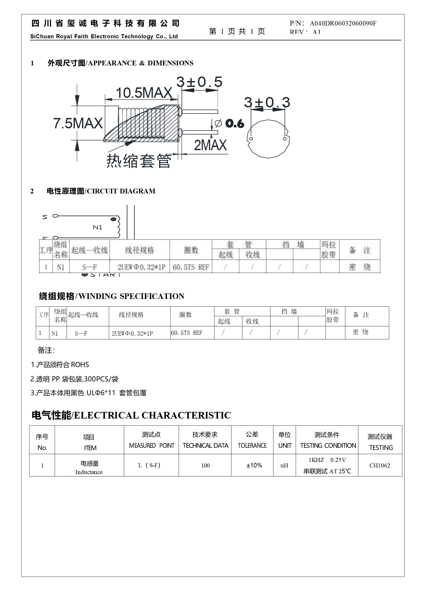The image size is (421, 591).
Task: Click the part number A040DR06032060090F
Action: point(343,23)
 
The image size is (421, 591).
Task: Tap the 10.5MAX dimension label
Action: point(144,93)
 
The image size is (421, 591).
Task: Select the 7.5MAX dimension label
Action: point(78,123)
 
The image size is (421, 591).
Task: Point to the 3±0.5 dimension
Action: point(199,82)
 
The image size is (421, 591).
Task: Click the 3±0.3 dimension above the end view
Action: point(267,102)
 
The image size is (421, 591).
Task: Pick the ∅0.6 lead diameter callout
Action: point(230,124)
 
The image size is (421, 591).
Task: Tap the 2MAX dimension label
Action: point(210,145)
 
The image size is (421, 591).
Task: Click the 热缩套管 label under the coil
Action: point(139,161)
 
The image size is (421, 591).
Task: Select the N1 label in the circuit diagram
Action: point(97,227)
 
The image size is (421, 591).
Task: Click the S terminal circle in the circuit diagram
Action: point(55,216)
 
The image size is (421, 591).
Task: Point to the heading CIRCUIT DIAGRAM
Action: point(121,191)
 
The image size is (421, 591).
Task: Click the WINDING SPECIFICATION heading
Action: point(131,296)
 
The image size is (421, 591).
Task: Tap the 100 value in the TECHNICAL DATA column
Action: point(205,465)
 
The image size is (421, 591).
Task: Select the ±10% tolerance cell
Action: point(254,465)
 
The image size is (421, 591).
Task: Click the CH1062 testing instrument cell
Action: point(380,465)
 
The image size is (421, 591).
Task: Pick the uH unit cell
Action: point(284,465)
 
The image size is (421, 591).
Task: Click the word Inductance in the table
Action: point(89,472)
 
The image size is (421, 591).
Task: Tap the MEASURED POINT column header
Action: point(152,446)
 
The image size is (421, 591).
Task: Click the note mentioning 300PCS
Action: point(74,379)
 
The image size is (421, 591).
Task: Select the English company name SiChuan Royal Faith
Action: point(104,36)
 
